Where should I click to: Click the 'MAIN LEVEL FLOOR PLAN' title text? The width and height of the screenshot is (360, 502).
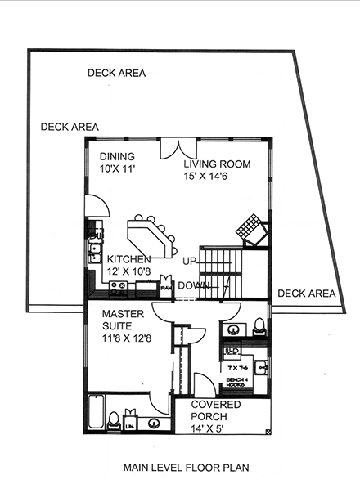[x=185, y=468]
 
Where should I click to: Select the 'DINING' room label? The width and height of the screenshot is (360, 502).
[x=117, y=156]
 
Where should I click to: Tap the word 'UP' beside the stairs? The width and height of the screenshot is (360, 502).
[x=189, y=262]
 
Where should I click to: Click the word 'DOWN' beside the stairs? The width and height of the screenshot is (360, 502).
[x=193, y=285]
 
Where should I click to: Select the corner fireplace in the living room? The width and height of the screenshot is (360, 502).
[x=251, y=231]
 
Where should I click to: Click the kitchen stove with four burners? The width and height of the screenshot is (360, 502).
[x=117, y=288]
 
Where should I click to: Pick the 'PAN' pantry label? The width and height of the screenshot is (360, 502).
[x=166, y=288]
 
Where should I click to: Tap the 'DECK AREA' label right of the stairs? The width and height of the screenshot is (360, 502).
[x=306, y=293]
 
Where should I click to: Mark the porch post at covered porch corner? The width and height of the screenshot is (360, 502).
[x=268, y=432]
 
